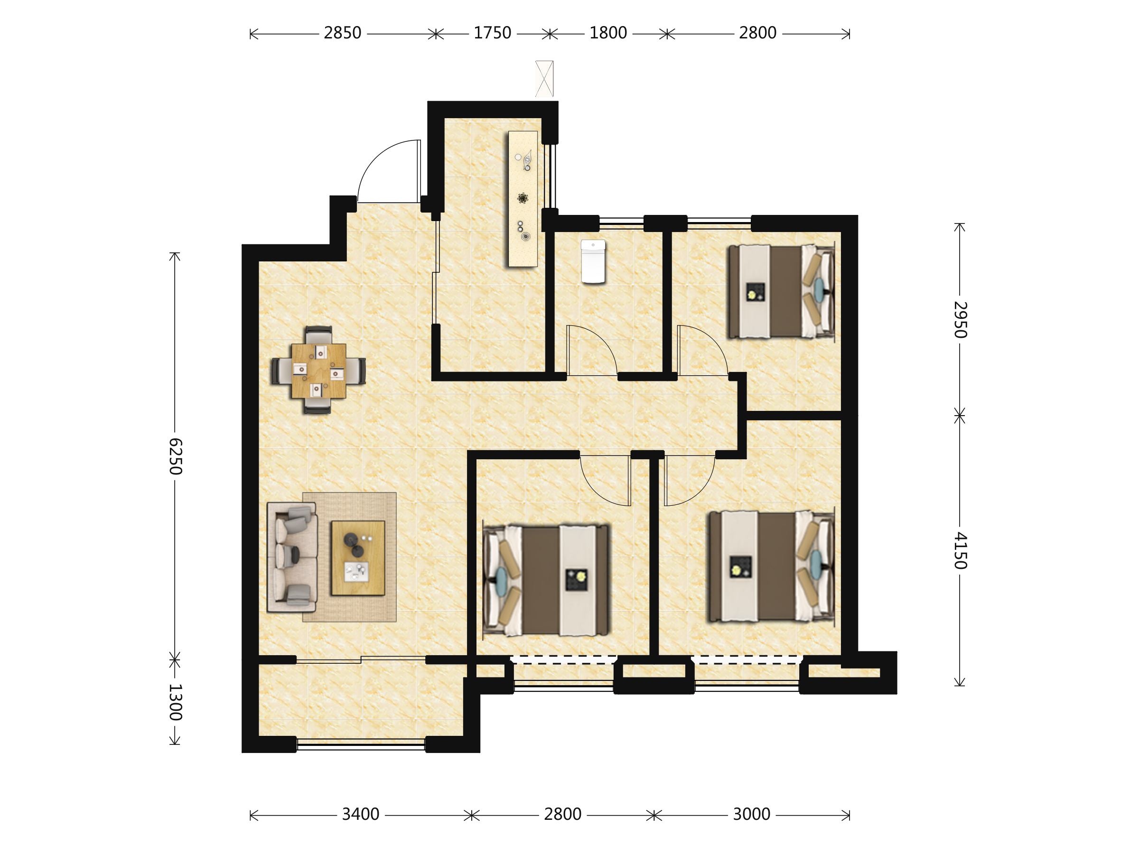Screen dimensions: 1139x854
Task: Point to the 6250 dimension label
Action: coord(175,456)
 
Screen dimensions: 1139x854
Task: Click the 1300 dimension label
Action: coord(175,702)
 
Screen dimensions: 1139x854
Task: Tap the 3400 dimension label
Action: coord(360,814)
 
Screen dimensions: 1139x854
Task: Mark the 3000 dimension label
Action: coord(751,814)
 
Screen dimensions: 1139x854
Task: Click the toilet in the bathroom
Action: coord(593,261)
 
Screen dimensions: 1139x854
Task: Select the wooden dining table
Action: coord(318,371)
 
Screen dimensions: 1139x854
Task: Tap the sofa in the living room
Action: coord(292,557)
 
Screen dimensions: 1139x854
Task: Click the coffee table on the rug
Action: coord(358,558)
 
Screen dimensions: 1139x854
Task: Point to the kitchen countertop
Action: coord(523,199)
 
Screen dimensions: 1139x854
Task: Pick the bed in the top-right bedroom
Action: coord(781,292)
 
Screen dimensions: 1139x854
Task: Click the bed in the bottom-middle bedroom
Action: coord(546,580)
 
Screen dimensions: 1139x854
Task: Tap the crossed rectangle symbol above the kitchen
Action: coord(544,79)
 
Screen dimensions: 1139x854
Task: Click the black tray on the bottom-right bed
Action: coord(740,567)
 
